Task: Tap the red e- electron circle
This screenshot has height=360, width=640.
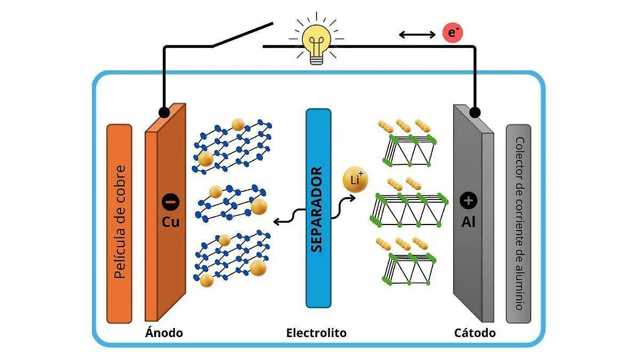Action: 453,33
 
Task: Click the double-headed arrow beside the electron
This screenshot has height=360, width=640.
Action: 417,35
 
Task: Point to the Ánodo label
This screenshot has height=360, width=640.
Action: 164,333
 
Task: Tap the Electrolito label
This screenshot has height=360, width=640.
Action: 316,333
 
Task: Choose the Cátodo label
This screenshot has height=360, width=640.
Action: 475,333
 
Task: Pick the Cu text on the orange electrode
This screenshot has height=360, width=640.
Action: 171,221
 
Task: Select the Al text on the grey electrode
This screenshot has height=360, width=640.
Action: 468,221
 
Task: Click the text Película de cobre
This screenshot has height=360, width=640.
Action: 119,223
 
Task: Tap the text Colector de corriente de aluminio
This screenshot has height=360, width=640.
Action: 519,224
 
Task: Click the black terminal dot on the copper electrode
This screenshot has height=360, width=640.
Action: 164,112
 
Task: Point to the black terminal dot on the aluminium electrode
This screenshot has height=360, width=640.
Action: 475,112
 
